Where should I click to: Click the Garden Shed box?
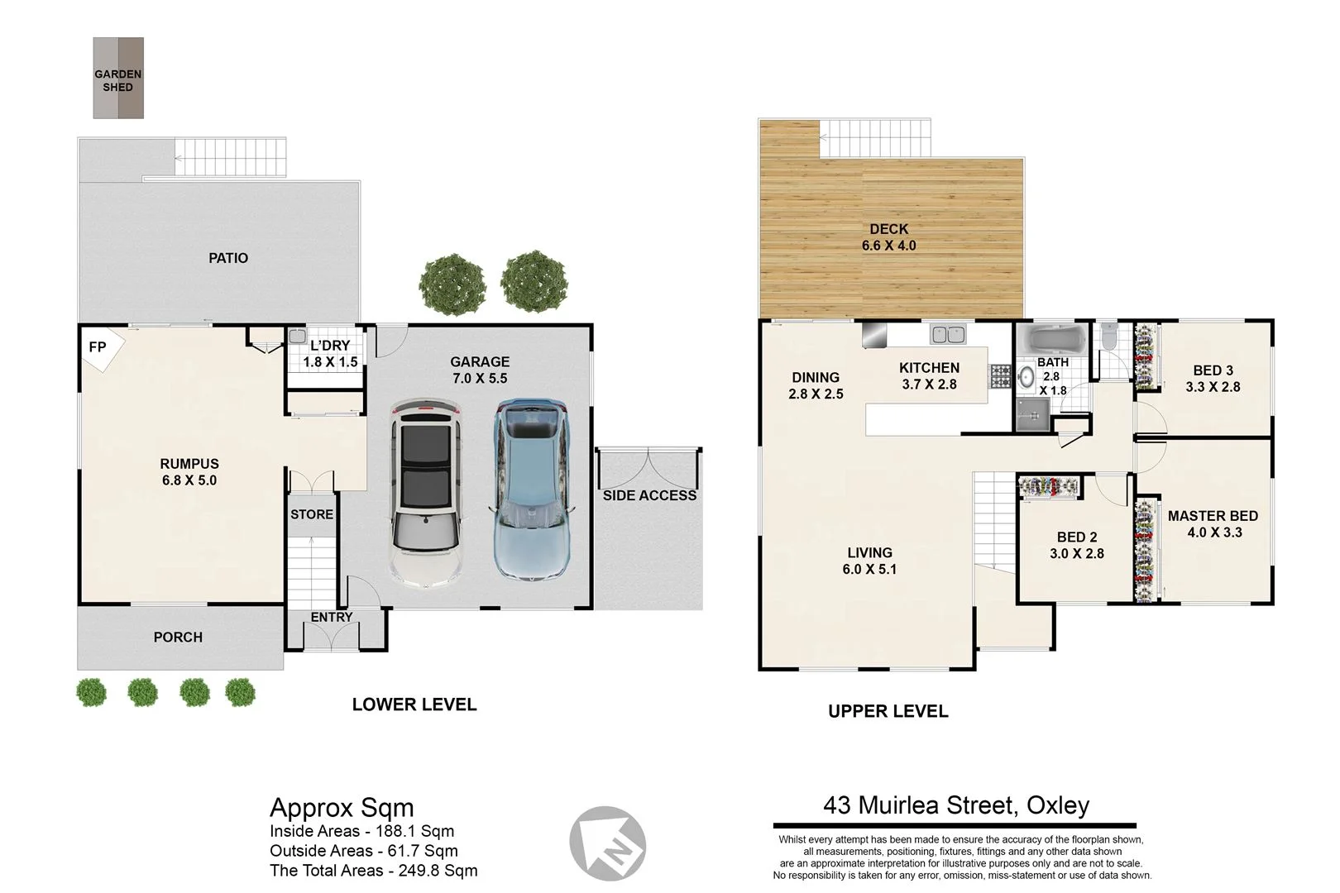(117, 79)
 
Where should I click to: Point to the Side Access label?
(649, 495)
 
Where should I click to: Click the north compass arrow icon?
(607, 844)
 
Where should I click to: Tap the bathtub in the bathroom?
(1050, 339)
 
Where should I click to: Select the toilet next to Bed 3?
(1109, 337)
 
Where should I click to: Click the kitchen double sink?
(948, 334)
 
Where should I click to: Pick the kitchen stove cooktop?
(1000, 377)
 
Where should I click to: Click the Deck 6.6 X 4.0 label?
(888, 237)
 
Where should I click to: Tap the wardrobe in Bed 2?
(1049, 487)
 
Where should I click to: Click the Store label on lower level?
(312, 514)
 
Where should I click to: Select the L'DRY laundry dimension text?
(330, 362)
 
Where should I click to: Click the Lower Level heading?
(414, 704)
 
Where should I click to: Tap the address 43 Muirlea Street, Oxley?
(956, 805)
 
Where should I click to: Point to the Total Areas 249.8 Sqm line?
(374, 870)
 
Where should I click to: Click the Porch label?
(178, 638)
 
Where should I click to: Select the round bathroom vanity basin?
(1027, 378)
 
